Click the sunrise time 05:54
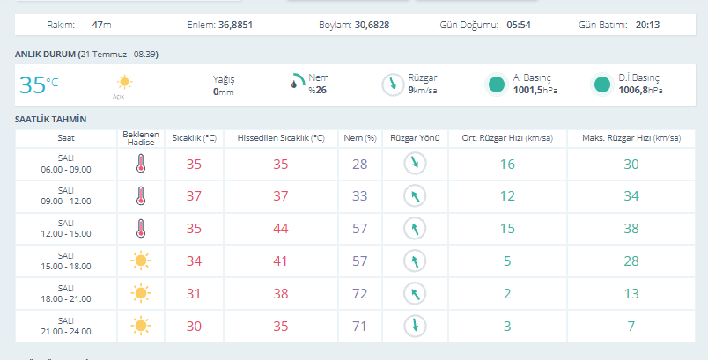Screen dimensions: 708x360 tap(519, 25)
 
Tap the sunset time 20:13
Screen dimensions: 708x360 tap(647, 25)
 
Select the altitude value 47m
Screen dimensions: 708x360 tap(101, 25)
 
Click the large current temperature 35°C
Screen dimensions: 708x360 tap(39, 84)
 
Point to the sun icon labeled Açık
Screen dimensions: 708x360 tap(124, 82)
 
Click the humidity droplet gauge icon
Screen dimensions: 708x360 tap(297, 81)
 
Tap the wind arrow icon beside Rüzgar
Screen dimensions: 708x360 tap(393, 84)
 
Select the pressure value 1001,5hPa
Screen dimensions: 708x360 tap(535, 91)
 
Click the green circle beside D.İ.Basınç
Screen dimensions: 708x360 tap(602, 84)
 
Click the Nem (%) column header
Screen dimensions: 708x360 tap(360, 138)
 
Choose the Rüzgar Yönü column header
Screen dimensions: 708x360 tap(415, 138)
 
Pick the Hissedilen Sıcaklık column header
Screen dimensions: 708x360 tap(281, 138)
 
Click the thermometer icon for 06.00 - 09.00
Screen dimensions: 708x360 tap(141, 164)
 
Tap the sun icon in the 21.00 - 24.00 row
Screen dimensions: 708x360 tap(140, 326)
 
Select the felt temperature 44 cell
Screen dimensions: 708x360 tap(280, 229)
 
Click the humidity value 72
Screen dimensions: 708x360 tap(360, 294)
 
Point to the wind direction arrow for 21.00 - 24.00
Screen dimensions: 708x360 tap(415, 326)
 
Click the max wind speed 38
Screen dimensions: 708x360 tap(631, 229)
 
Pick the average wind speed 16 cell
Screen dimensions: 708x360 tap(507, 165)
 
